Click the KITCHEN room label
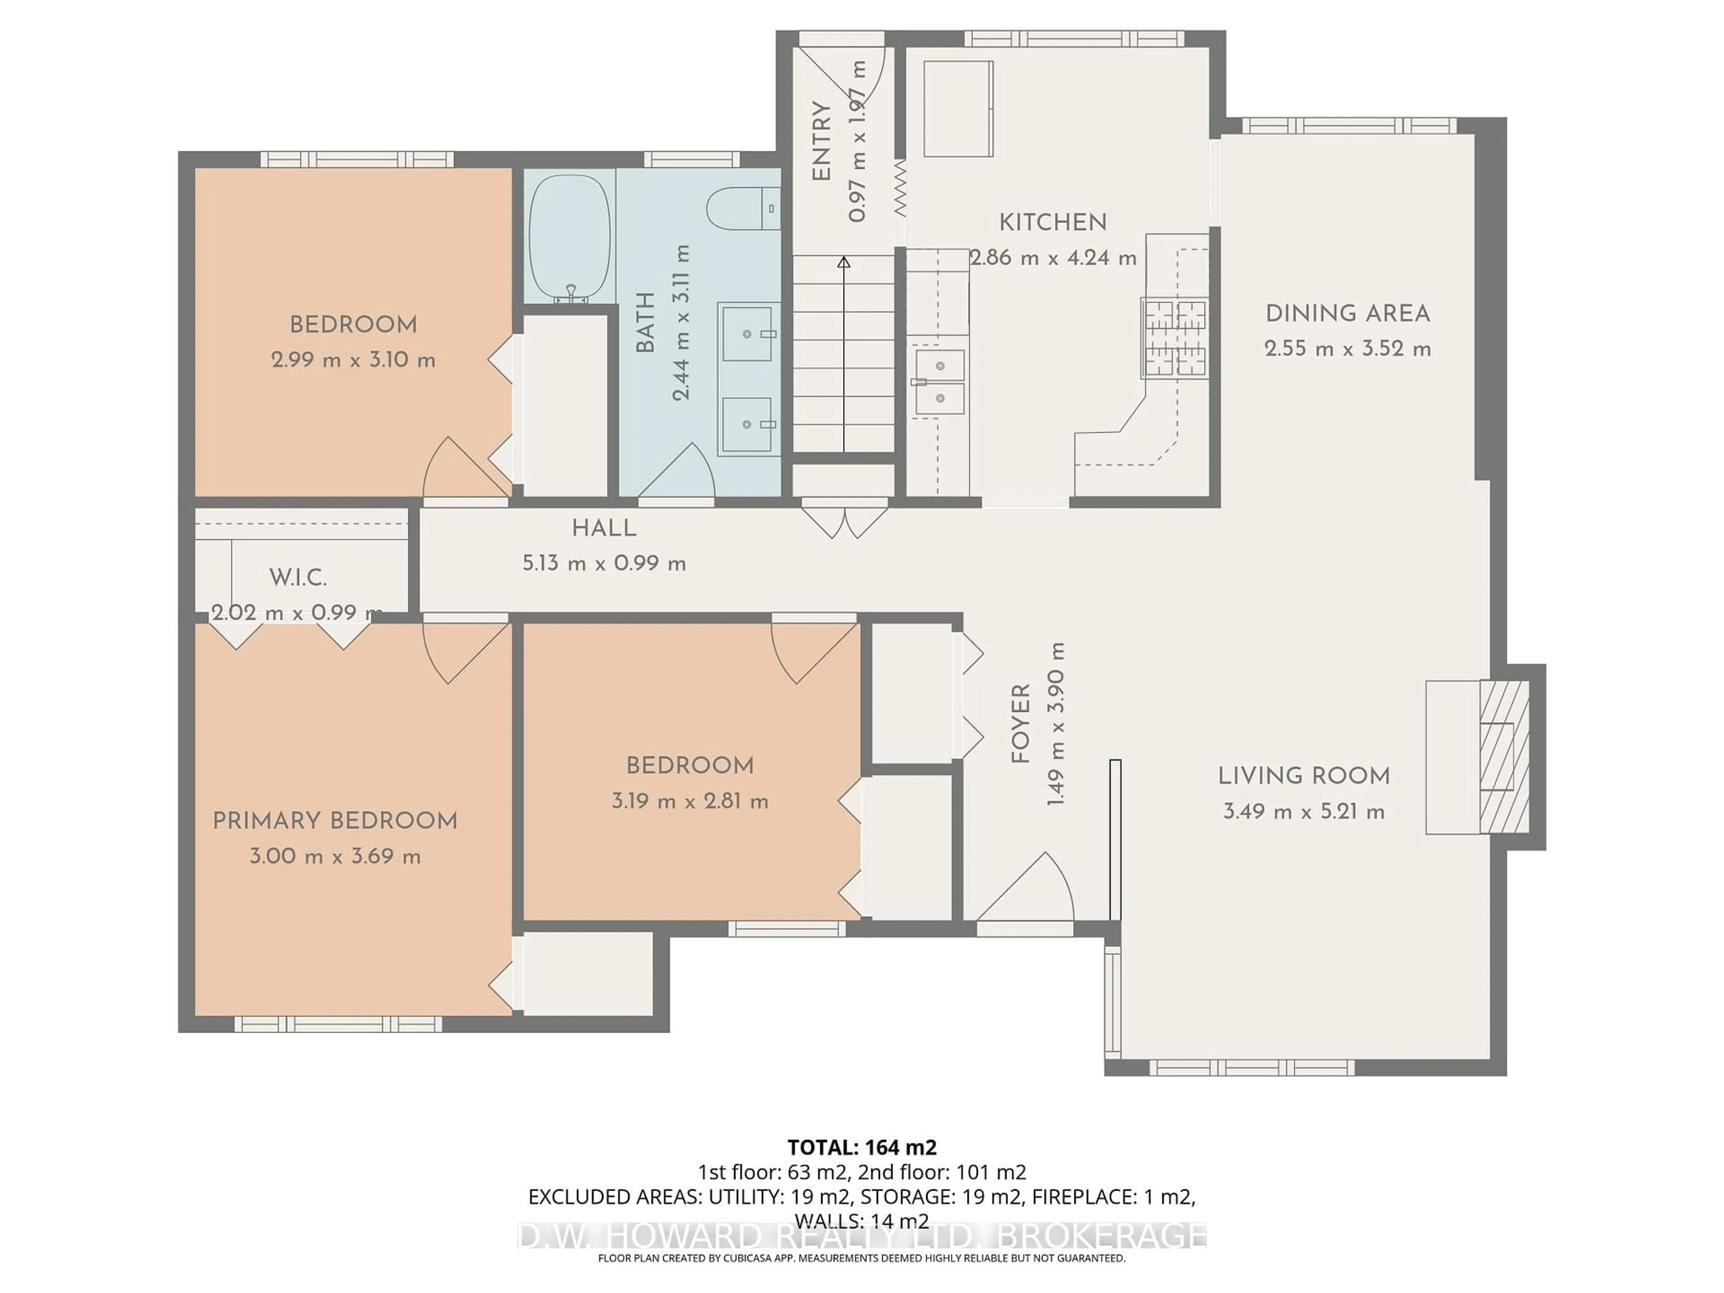1052,223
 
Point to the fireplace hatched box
1504,757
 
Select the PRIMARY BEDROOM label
335,821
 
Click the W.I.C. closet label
298,577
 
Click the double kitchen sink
940,381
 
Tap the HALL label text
604,528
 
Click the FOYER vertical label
1020,724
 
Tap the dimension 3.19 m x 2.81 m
690,801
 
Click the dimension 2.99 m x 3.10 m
353,360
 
